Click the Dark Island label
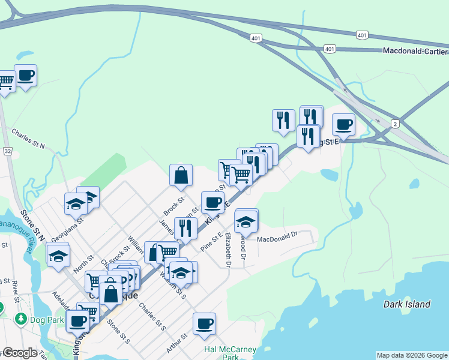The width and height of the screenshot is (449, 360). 407,304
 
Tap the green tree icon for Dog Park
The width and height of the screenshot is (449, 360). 20,317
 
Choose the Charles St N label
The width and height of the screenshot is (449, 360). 28,137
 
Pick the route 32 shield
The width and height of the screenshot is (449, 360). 7,152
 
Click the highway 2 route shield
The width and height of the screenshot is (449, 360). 395,124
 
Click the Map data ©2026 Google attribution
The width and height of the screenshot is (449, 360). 412,355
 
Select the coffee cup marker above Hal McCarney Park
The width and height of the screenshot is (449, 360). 204,324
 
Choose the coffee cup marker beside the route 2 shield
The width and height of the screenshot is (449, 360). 343,125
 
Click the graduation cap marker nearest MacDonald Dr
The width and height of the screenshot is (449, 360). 246,221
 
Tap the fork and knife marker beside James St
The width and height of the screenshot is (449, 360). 185,228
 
